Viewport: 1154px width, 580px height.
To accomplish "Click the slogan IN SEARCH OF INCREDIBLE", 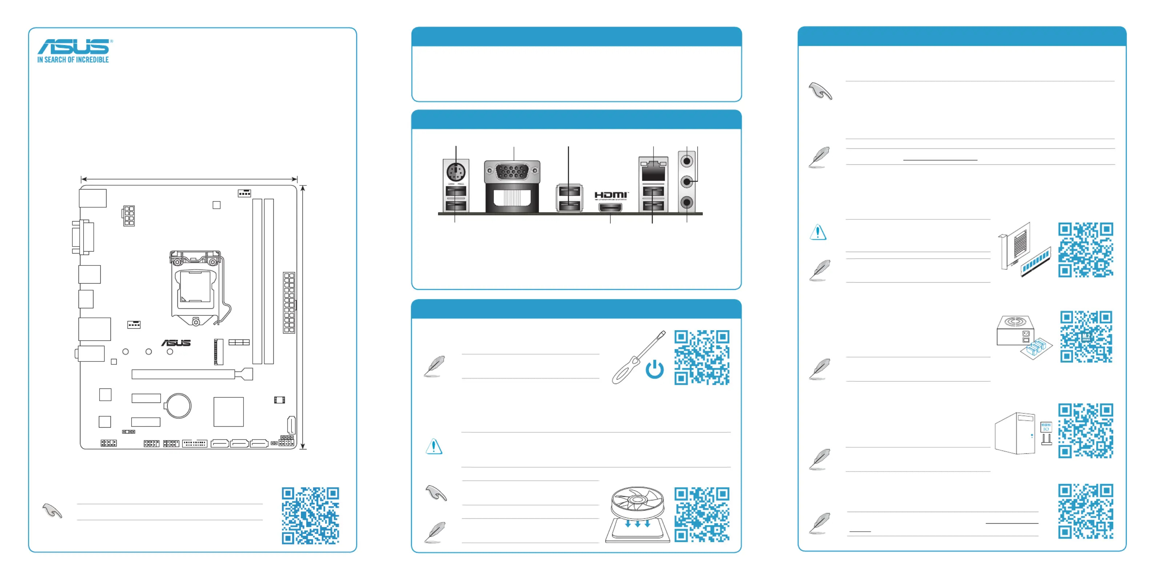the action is click(73, 60).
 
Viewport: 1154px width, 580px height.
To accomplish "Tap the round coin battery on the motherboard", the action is click(178, 406).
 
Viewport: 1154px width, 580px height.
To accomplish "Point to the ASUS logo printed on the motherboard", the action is click(176, 343).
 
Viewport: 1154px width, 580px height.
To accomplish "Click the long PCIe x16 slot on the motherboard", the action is click(192, 374).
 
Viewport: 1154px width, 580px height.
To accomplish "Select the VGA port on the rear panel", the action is click(512, 171).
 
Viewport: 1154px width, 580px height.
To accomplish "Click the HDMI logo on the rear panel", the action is click(611, 195).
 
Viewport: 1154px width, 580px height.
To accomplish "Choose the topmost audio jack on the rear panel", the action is click(687, 161).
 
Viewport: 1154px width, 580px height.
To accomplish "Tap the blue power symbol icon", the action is click(655, 369).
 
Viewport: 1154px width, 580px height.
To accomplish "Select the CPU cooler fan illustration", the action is click(638, 515).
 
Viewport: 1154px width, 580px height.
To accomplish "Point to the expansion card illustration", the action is click(1024, 251).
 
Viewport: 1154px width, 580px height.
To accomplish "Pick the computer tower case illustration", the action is click(1015, 433).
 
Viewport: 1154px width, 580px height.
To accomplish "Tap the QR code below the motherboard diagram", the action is click(310, 516).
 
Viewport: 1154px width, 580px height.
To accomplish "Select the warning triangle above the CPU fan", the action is click(434, 447).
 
